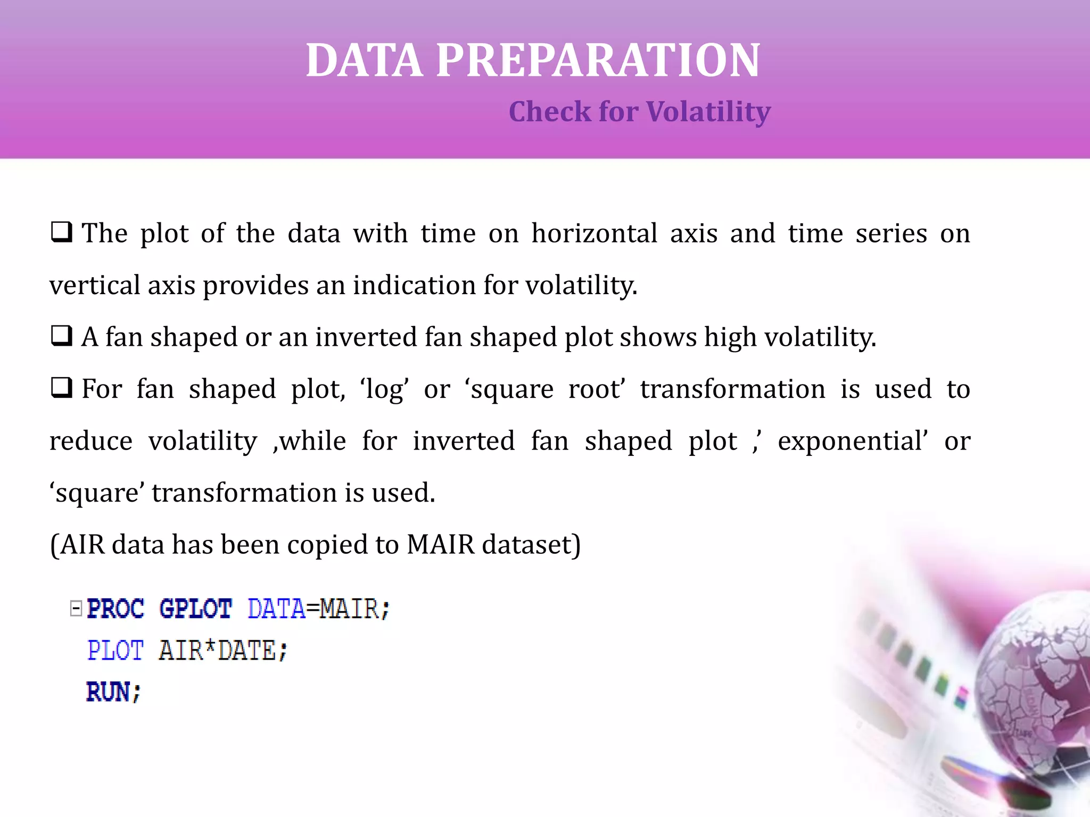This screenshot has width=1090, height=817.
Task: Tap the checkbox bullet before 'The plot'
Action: pos(61,233)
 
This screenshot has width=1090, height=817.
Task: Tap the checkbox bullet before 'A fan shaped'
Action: pos(61,337)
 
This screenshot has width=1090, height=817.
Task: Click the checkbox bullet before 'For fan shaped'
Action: pos(61,388)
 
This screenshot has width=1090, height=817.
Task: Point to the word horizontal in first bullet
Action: pos(594,233)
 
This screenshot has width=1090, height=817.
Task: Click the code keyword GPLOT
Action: pos(195,608)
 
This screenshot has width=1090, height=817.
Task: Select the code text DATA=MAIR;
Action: pos(319,608)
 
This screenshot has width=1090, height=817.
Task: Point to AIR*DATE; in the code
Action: pos(223,650)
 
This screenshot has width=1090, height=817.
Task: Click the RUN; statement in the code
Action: pos(113,692)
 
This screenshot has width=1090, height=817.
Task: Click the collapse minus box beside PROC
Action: pos(76,608)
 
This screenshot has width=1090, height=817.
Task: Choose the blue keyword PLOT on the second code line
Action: pos(115,650)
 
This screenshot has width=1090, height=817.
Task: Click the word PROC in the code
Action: pos(115,608)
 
